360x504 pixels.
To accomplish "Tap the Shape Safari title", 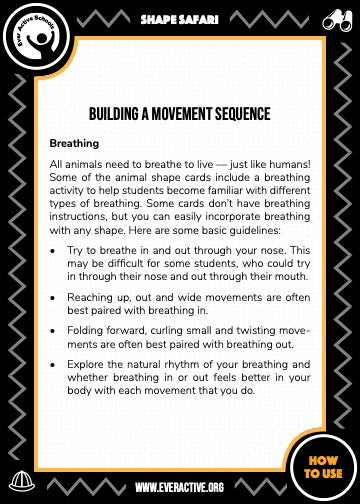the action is click(x=180, y=18).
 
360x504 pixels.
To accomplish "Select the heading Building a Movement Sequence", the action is click(x=178, y=115).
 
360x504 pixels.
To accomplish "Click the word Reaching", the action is click(x=91, y=297).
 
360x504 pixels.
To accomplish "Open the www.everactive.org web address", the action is click(x=180, y=486).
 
